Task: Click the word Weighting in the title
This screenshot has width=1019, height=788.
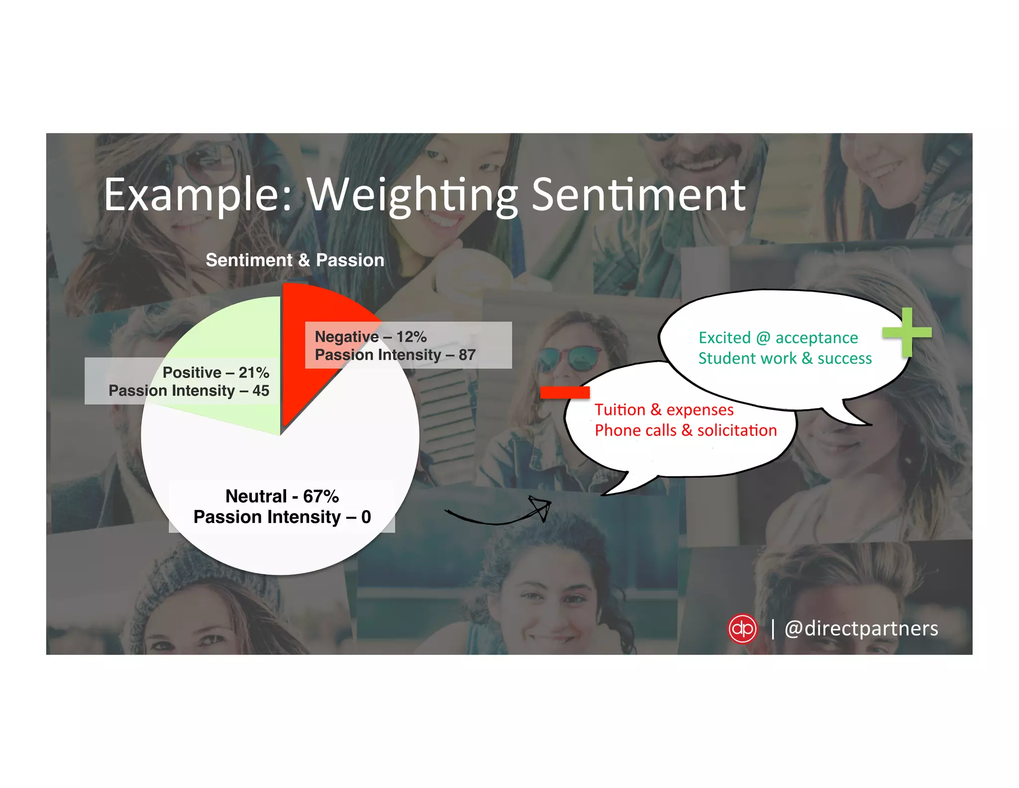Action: click(412, 195)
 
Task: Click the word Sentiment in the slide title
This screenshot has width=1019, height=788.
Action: click(638, 195)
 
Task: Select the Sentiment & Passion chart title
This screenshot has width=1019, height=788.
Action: click(295, 260)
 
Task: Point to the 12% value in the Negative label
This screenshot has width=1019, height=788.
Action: click(411, 337)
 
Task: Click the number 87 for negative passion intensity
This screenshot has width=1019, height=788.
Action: click(467, 355)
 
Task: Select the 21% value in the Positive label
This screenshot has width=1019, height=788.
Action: click(254, 373)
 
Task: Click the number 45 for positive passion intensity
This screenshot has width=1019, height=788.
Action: click(260, 391)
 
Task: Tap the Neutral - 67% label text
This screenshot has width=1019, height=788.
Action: click(282, 496)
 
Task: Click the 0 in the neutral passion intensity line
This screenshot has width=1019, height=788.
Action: click(366, 517)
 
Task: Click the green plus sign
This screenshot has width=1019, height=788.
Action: click(907, 332)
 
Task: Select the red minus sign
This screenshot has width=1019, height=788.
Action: click(565, 393)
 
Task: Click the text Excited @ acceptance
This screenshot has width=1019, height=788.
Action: click(778, 338)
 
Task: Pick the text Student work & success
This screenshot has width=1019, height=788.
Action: click(785, 358)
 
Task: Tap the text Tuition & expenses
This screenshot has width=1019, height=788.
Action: click(664, 409)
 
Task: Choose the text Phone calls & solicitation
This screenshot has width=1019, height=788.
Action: click(685, 430)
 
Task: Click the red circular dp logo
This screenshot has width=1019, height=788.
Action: click(742, 629)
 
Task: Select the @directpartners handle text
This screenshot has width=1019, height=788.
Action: click(861, 629)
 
